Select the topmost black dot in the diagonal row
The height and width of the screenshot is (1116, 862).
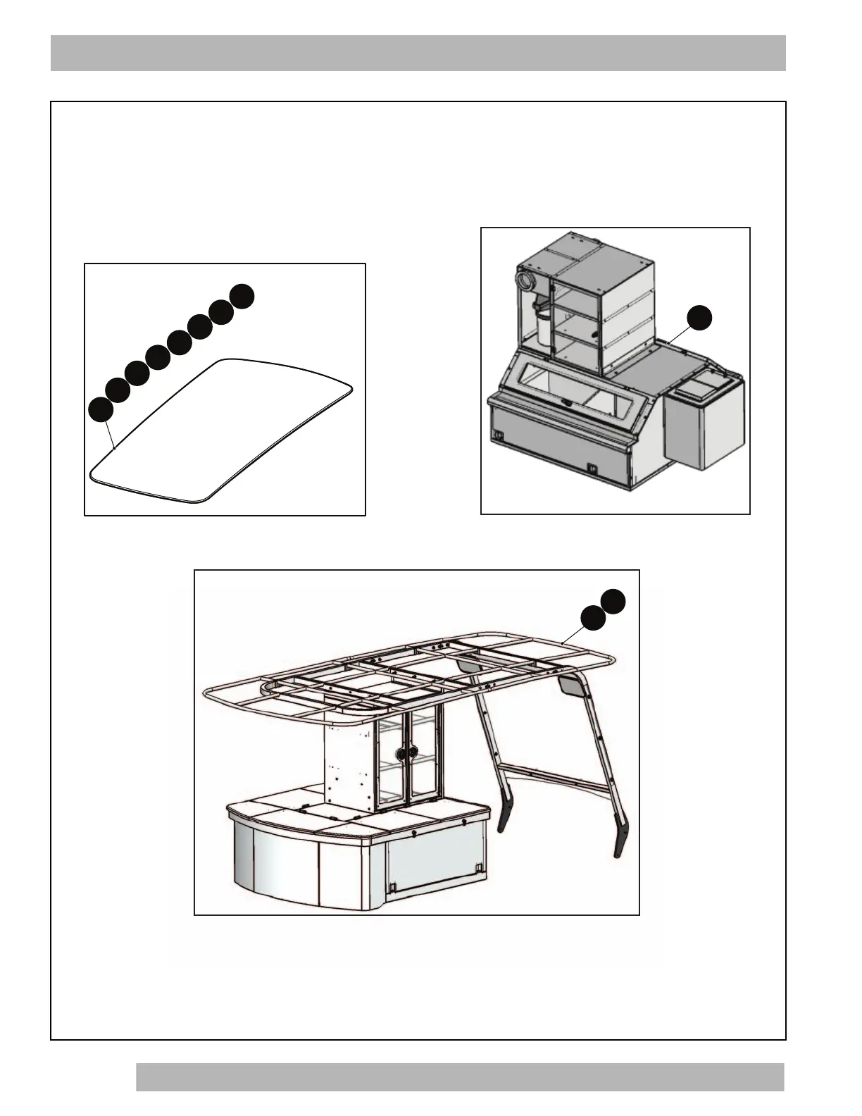242,296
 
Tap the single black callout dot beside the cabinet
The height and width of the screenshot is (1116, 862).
699,318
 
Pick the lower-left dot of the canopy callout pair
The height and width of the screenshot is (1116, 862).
593,616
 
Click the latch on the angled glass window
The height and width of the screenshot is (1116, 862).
566,402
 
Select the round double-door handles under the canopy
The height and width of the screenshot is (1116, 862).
404,753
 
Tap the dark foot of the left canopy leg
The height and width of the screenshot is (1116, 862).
504,817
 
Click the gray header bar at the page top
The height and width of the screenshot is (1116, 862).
418,53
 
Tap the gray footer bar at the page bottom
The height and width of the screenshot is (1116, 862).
459,1077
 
